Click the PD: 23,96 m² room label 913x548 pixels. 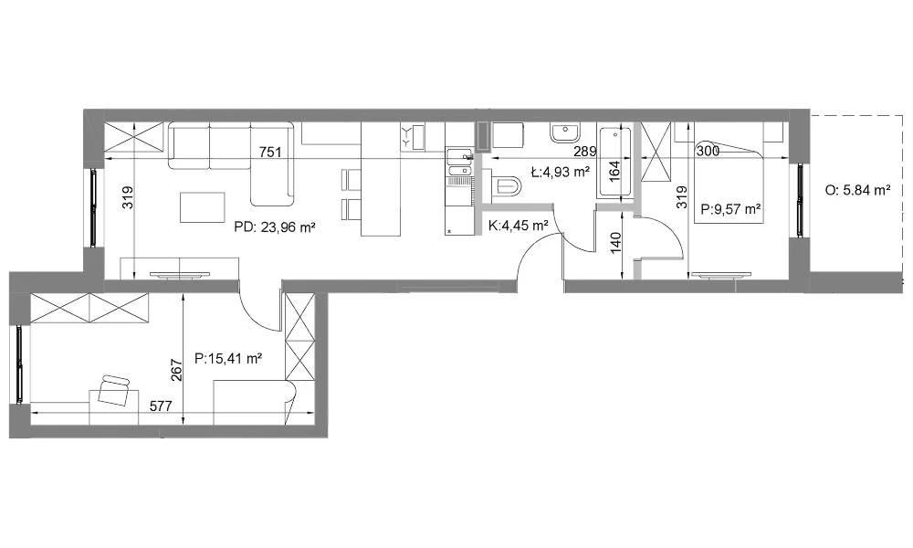pos(275,227)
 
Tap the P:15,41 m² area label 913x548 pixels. pos(228,359)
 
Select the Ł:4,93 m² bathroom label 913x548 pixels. pos(561,172)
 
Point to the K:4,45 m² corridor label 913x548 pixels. pos(519,226)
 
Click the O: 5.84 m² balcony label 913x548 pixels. pos(857,190)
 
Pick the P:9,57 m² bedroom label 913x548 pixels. pos(730,209)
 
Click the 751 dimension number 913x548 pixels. pos(270,153)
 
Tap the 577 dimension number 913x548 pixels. pos(161,406)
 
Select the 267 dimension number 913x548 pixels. pos(177,371)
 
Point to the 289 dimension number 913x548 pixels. pos(584,152)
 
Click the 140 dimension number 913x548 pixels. pos(616,243)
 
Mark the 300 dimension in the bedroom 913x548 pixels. pos(708,152)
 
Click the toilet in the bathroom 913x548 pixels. pos(507,185)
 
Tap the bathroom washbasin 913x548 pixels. pos(565,133)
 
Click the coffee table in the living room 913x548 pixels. pos(202,207)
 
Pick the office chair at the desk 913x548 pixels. pos(113,391)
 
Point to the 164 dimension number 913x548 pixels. pos(614,173)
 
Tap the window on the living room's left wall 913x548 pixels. pos(94,208)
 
